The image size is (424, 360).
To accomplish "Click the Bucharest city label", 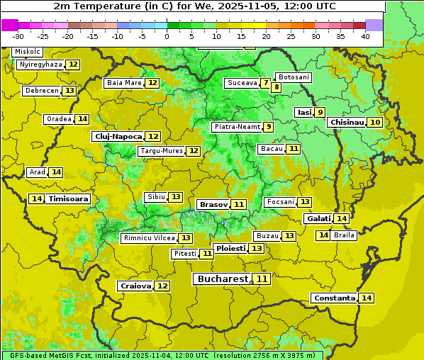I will coord(223,279).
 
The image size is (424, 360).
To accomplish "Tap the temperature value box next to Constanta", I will coord(367,298).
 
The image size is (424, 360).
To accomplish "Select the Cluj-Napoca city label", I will coord(118,136).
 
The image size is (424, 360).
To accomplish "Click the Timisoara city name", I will coord(69,199).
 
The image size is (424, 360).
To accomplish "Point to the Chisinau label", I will coord(346,122).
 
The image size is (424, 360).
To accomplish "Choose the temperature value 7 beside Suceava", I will coord(265,83).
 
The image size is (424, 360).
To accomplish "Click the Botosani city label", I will coord(294,77).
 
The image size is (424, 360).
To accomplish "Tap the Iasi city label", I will coord(303,112).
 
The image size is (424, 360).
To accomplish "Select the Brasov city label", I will coord(213,204).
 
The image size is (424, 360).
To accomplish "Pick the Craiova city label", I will coord(135,286).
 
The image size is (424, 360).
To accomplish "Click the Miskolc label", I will coord(27,52).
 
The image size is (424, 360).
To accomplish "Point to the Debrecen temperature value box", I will coord(69,91).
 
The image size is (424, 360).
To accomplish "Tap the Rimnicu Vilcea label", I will coord(147,238).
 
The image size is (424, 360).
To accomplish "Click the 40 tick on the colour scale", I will coord(365,35).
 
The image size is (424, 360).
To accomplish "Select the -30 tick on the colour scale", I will coord(18,35).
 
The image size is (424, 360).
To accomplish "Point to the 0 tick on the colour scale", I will coord(167,35).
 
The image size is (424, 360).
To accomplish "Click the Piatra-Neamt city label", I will coord(237,127).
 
